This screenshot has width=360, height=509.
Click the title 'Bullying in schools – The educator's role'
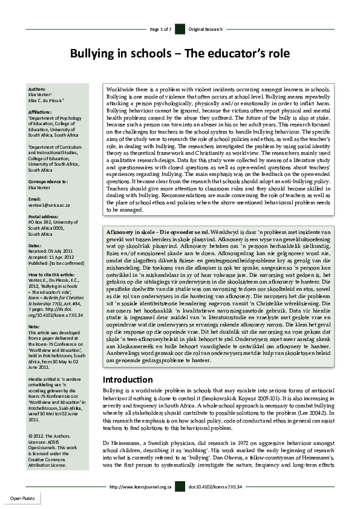pyautogui.click(x=180, y=54)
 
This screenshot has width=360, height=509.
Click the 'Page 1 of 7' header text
pyautogui.click(x=160, y=29)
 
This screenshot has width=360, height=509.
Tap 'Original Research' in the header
pyautogui.click(x=205, y=29)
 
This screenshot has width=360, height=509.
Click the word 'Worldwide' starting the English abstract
pyautogui.click(x=119, y=88)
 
